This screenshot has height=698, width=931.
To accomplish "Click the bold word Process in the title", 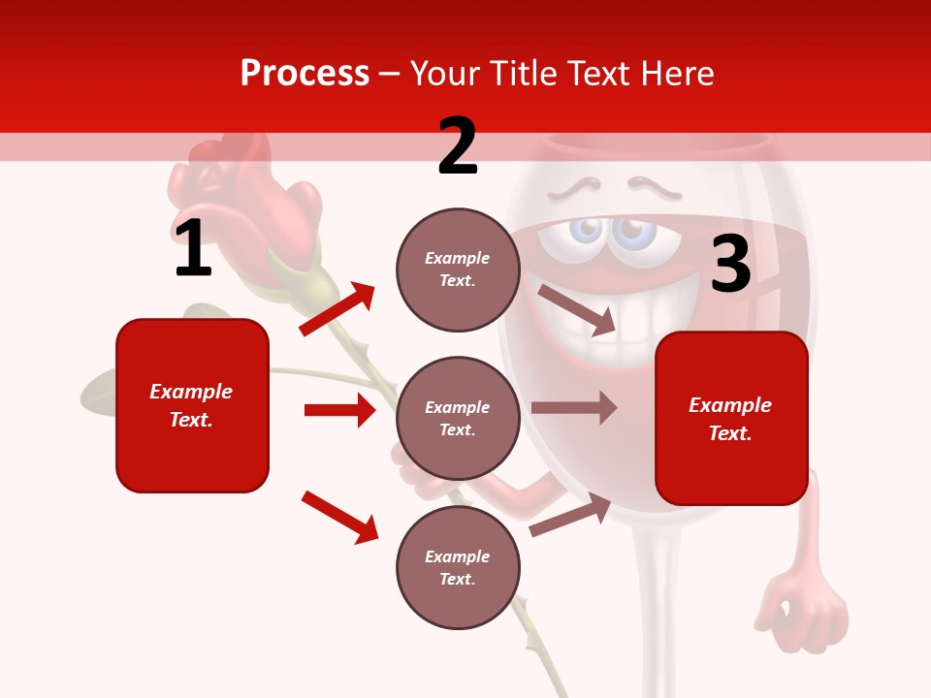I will tap(305, 74).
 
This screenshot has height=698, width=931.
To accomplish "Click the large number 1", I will tap(193, 249).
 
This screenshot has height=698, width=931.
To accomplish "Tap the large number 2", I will tap(458, 146).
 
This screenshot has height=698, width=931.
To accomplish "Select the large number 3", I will tap(730, 265).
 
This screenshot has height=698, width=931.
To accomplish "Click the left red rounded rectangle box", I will tap(192, 405).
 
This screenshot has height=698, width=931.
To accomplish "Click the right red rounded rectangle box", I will tap(731, 419).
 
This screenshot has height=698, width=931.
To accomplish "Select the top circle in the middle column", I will tap(458, 270).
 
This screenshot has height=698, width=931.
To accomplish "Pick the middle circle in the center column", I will tap(458, 419).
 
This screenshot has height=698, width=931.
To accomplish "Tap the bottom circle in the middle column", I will tap(458, 568).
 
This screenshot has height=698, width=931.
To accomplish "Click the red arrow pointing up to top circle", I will tap(337, 309).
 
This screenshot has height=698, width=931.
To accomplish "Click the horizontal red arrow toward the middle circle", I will tap(339, 410).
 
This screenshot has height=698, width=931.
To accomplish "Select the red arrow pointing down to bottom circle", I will tap(339, 517).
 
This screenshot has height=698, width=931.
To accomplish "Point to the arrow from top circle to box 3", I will tap(577, 309).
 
